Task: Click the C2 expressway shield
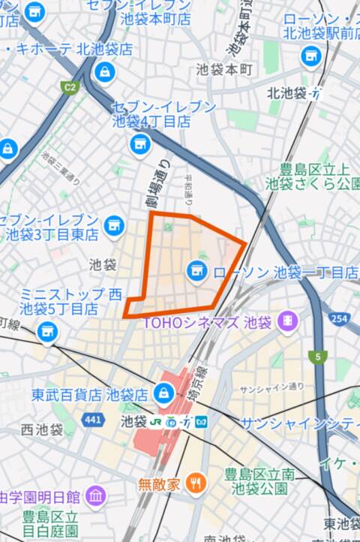pyautogui.click(x=70, y=88)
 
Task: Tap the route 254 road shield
pyautogui.click(x=340, y=320)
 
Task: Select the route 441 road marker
pyautogui.click(x=92, y=419)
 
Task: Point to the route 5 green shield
pyautogui.click(x=322, y=356)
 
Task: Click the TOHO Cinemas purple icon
pyautogui.click(x=286, y=323)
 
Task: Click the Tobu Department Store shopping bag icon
pyautogui.click(x=163, y=393)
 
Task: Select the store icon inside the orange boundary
pyautogui.click(x=196, y=268)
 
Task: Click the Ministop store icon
pyautogui.click(x=47, y=329)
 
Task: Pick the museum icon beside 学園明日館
pyautogui.click(x=95, y=495)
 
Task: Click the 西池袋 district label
pyautogui.click(x=42, y=430)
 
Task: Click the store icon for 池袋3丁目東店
pyautogui.click(x=114, y=224)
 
